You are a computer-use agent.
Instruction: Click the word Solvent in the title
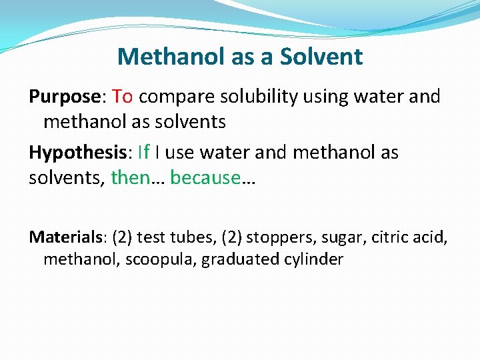pos(321,57)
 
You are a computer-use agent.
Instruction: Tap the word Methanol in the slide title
pos(171,57)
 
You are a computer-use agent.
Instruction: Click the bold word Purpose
pos(64,97)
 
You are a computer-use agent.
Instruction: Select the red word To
pos(123,97)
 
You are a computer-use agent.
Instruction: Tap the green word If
pos(143,153)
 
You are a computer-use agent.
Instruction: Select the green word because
pos(205,178)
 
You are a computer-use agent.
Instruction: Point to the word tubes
pos(179,237)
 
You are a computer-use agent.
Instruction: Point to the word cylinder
pos(311,259)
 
